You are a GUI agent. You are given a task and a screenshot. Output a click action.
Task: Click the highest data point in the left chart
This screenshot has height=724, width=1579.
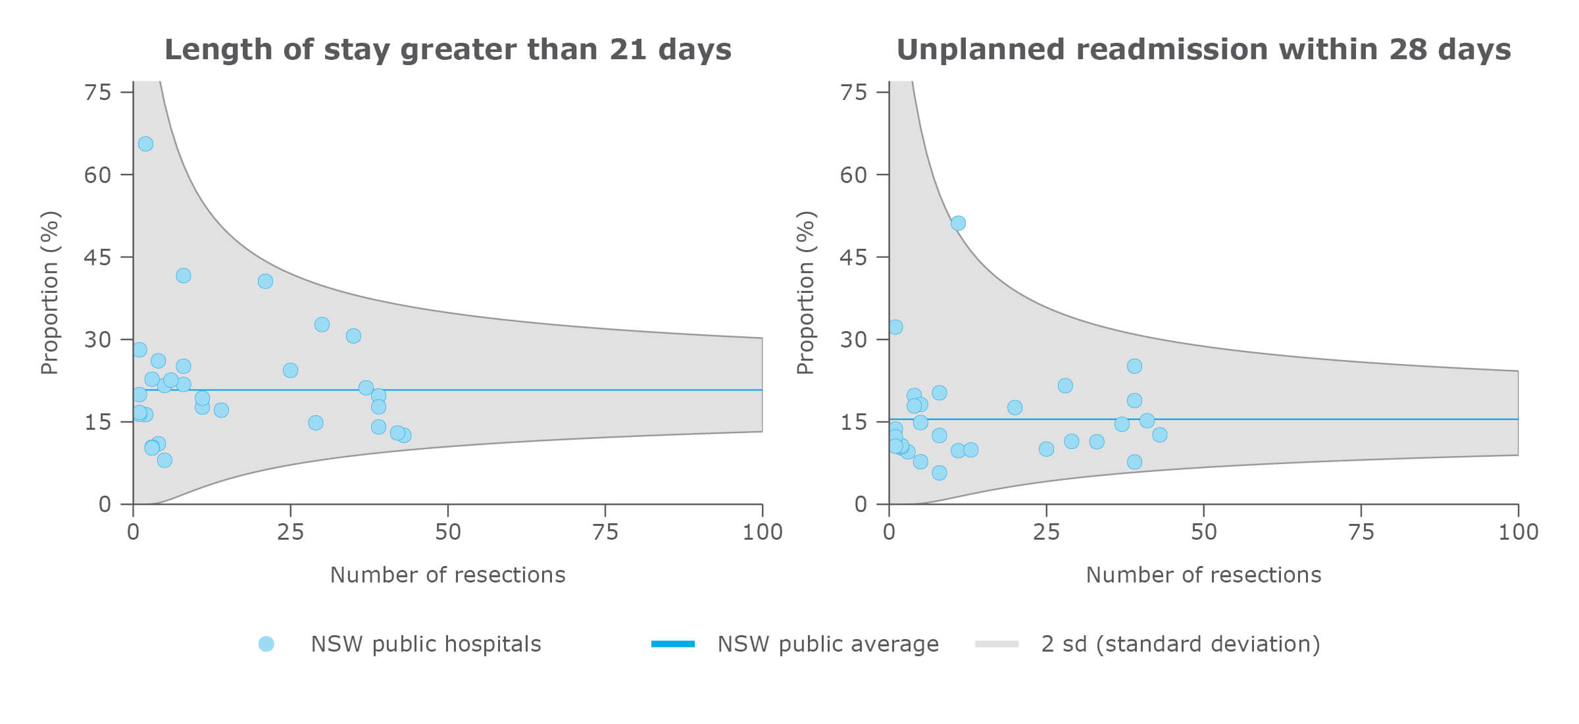(145, 143)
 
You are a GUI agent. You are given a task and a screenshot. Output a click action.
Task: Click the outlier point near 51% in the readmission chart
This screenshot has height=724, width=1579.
(958, 223)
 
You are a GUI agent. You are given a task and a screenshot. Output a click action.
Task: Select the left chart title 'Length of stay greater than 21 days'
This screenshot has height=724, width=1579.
(447, 49)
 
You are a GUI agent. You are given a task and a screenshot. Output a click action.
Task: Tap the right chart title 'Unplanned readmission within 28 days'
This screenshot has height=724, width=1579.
(1203, 49)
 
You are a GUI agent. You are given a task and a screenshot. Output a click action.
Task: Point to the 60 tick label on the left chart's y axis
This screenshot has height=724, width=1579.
(97, 174)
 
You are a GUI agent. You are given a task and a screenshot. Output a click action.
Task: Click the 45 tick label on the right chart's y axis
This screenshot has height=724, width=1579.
(853, 257)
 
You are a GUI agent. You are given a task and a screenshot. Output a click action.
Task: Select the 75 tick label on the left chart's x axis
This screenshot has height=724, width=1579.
(605, 532)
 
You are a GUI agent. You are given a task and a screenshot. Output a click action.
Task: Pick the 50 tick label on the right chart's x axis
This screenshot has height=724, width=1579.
(1203, 532)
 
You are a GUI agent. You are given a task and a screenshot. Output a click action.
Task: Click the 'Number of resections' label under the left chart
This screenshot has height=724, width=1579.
(447, 575)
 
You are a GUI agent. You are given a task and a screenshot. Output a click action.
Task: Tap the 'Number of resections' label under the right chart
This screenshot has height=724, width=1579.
(1203, 575)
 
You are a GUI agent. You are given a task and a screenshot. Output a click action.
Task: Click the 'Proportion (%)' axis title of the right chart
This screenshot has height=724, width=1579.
(805, 293)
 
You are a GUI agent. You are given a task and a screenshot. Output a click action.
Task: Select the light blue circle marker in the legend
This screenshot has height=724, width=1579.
(266, 644)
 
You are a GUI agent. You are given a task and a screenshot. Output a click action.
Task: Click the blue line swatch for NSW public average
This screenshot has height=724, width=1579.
(672, 644)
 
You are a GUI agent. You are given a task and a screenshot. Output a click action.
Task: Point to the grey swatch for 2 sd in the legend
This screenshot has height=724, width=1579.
(996, 644)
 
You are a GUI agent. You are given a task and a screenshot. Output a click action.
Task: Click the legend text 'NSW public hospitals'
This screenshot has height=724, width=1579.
(426, 644)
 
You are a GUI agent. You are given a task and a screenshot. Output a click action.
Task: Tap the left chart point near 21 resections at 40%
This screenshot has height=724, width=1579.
(265, 281)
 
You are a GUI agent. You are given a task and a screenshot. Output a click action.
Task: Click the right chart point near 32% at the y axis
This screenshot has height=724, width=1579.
(895, 327)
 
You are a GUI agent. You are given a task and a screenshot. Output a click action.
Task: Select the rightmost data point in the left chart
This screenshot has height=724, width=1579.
(404, 435)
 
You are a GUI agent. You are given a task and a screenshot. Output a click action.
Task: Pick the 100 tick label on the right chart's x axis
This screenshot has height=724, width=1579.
(1518, 532)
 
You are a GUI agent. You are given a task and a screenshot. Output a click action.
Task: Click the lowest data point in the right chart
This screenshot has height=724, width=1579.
(939, 473)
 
